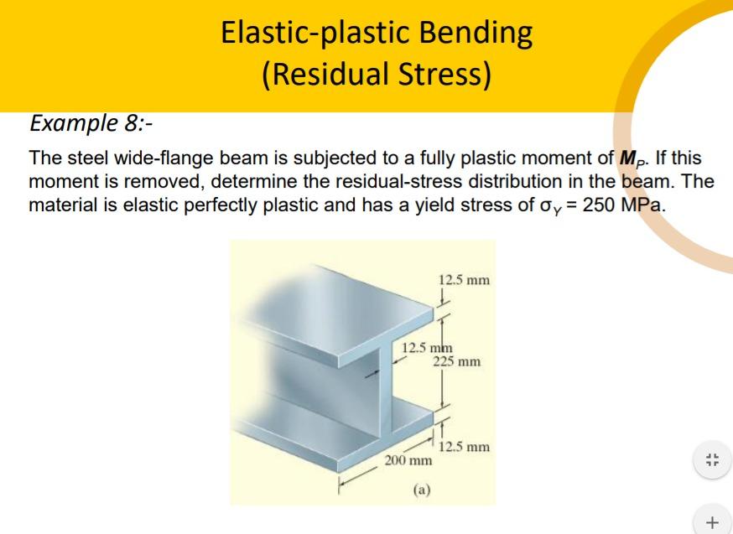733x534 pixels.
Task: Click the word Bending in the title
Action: coord(476,34)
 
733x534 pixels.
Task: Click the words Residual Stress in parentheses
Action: coord(377,75)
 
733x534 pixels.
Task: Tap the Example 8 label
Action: coord(91,123)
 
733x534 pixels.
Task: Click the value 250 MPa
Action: coord(623,205)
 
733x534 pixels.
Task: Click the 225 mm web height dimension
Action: coord(456,361)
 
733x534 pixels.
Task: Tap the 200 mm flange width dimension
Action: coord(408,461)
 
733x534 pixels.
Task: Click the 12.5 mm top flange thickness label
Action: coord(464,280)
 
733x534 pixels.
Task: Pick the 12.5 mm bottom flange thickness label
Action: coord(464,447)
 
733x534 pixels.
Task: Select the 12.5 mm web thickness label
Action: coord(427,348)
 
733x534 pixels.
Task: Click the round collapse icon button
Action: coord(712,459)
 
